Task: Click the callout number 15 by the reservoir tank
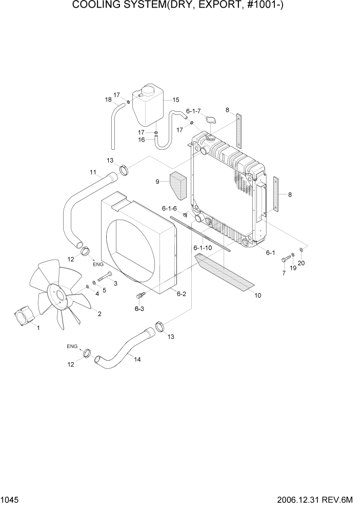pyautogui.click(x=175, y=100)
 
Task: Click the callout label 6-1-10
pyautogui.click(x=203, y=248)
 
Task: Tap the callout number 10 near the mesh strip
pyautogui.click(x=257, y=295)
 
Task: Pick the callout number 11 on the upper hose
pyautogui.click(x=93, y=172)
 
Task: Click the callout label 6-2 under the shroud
pyautogui.click(x=181, y=293)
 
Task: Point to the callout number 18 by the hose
pyautogui.click(x=108, y=100)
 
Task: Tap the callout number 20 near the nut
pyautogui.click(x=301, y=263)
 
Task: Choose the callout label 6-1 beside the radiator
pyautogui.click(x=270, y=252)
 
